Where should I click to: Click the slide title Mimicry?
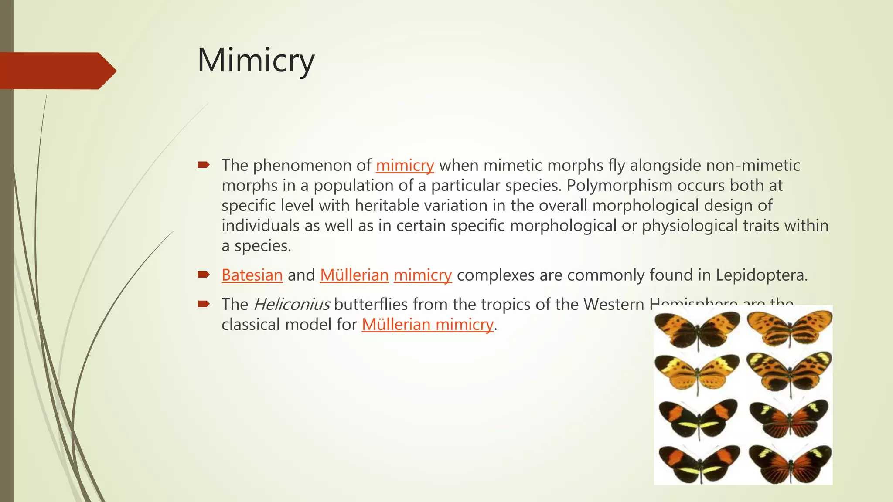pos(256,61)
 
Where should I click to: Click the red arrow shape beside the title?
pos(57,71)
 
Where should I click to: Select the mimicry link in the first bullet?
pos(405,166)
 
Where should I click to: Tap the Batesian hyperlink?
pos(252,275)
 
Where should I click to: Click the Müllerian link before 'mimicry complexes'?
pos(354,275)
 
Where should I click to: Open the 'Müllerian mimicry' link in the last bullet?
pos(427,325)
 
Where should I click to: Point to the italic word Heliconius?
pos(291,305)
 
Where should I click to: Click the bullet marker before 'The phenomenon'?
pos(203,165)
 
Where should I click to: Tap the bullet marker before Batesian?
pos(203,275)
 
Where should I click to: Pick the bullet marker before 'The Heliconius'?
pos(203,304)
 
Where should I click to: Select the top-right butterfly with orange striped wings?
pos(789,327)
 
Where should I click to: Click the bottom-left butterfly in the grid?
pos(699,463)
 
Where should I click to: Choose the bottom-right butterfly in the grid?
pos(790,463)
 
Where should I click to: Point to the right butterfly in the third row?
pos(788,417)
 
